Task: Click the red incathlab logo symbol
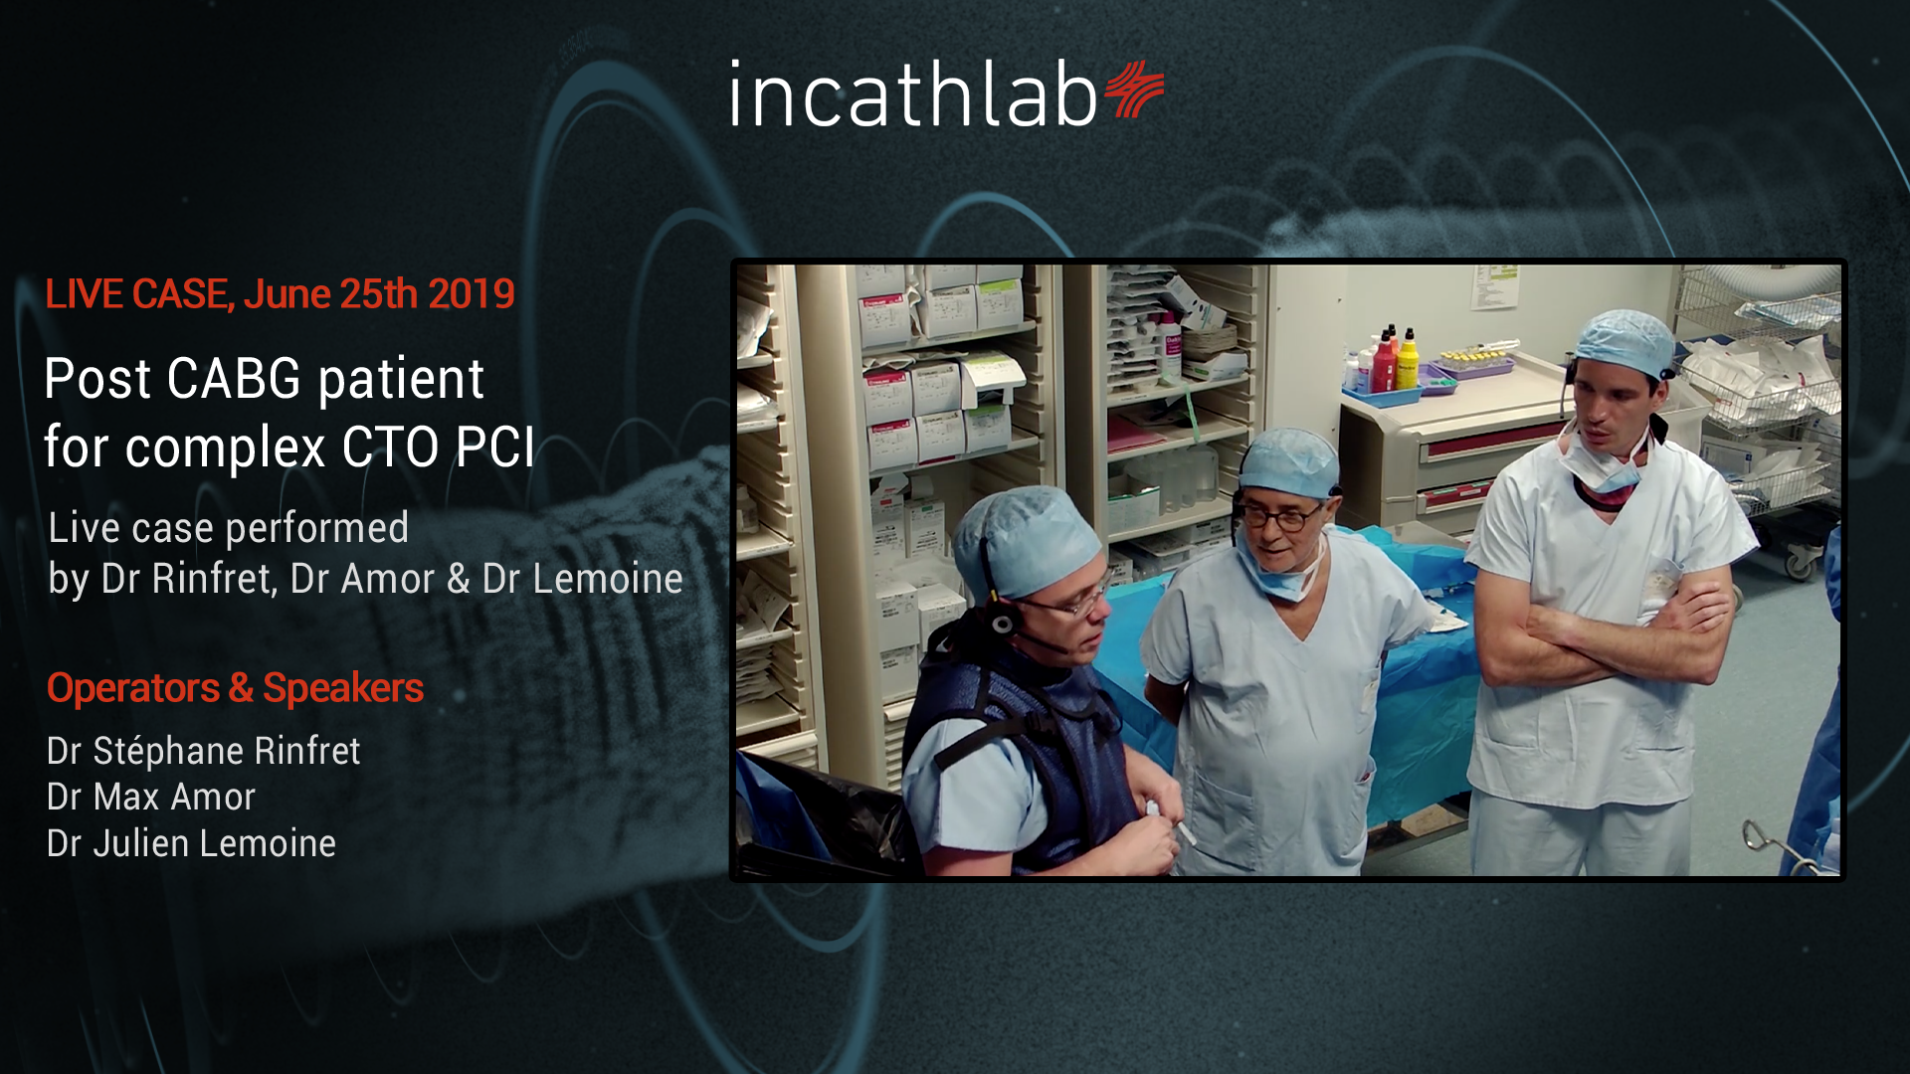[1133, 89]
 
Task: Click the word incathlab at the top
[913, 94]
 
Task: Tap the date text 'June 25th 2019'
[379, 294]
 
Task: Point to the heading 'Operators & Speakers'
[235, 688]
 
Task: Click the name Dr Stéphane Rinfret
[203, 751]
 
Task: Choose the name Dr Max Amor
[151, 798]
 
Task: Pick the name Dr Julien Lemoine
[191, 844]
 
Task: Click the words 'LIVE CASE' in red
[136, 294]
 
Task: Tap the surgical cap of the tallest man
[1623, 341]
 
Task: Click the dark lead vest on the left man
[1015, 756]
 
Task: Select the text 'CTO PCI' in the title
[438, 447]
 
